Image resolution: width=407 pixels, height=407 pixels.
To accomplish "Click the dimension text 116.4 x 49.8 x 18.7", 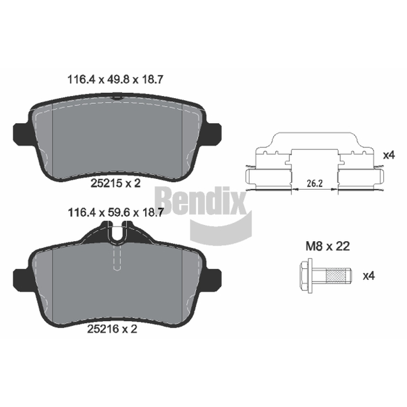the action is coord(115,80).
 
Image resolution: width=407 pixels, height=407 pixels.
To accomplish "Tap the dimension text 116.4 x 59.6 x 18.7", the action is coord(115,213).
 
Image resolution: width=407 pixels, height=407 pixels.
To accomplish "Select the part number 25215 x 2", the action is coord(115,184).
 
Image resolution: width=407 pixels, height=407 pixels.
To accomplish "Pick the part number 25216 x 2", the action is coord(112,329).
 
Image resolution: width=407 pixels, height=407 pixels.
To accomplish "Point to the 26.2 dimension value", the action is coord(314,184).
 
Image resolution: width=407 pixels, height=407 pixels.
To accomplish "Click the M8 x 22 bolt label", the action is coord(328,246).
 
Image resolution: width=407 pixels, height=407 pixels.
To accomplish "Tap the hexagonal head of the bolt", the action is coord(306,276).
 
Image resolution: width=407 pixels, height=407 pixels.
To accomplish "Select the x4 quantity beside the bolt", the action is coord(368,276).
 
